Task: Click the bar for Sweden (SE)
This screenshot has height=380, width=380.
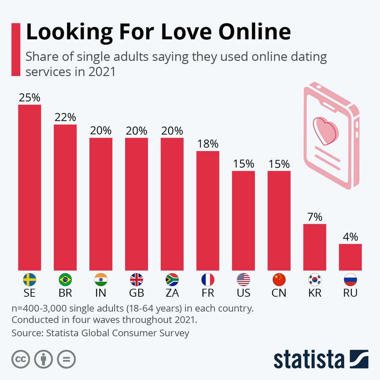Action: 30,188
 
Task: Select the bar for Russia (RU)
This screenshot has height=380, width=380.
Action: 350,257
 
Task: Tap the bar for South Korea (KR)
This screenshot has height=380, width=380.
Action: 315,247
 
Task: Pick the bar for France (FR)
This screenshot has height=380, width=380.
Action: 208,211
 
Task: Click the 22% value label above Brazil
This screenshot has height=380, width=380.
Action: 65,118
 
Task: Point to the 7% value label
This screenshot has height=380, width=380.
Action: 315,217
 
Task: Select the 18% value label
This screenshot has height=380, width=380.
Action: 208,144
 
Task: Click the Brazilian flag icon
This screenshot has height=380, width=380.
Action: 65,280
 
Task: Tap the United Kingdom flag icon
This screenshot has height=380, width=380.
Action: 136,280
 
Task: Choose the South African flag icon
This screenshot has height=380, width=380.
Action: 172,280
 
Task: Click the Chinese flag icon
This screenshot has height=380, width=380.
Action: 279,280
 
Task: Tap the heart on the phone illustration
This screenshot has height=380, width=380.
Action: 326,129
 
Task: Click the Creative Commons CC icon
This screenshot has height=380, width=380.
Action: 19,359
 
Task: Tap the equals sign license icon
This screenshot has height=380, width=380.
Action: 66,359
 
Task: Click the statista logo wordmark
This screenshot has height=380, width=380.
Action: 308,359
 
